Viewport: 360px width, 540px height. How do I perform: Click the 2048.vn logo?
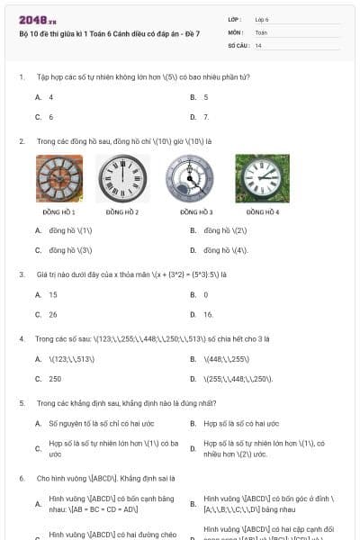38,20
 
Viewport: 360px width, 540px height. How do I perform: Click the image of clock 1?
59,178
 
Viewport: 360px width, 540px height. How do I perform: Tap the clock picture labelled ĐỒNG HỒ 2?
121,178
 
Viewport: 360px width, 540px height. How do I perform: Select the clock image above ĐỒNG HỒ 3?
190,178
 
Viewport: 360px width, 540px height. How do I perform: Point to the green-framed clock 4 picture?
262,178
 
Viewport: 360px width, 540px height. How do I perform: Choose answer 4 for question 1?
51,96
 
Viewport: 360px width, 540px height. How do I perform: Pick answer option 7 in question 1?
206,117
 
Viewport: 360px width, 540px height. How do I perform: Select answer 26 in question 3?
53,314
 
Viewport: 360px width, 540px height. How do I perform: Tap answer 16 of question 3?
208,314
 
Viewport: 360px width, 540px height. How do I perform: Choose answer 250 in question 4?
55,379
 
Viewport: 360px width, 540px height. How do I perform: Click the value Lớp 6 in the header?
262,19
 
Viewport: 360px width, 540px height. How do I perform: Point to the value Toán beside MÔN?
262,31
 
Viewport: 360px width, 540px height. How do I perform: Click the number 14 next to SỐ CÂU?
258,44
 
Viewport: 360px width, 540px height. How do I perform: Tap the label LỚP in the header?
234,19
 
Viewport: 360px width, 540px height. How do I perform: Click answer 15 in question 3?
53,294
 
